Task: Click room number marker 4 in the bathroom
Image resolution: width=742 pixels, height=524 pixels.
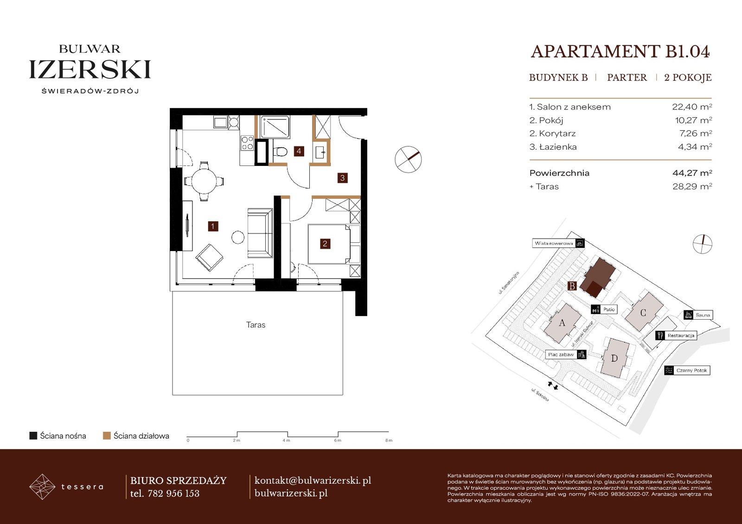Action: click(x=299, y=152)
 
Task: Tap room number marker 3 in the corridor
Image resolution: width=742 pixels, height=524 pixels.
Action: click(x=343, y=178)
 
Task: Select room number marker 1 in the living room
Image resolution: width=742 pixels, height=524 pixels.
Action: click(x=213, y=227)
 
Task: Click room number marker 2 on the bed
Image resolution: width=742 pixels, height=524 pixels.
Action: click(x=325, y=244)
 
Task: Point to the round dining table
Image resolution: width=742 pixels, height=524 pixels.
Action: click(x=204, y=182)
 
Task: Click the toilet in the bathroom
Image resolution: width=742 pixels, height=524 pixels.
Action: click(x=280, y=152)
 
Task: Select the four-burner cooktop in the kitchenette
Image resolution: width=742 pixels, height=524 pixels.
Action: click(x=247, y=143)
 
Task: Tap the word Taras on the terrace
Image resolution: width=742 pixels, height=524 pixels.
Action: click(x=256, y=325)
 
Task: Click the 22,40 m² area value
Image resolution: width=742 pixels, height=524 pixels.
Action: click(x=692, y=107)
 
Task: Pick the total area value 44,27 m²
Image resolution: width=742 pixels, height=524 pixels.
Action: click(x=692, y=173)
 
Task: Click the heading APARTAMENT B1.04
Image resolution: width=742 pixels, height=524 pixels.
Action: click(x=620, y=51)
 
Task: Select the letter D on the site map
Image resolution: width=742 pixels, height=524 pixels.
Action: click(x=614, y=358)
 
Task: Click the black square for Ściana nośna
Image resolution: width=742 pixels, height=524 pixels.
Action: click(x=33, y=436)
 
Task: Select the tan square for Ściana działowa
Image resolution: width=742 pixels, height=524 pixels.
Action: click(x=107, y=436)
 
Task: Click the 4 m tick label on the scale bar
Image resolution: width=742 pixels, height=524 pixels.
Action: click(x=287, y=441)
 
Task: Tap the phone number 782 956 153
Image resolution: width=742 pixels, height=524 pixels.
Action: click(x=173, y=493)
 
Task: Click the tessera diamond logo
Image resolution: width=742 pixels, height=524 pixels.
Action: click(x=42, y=486)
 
